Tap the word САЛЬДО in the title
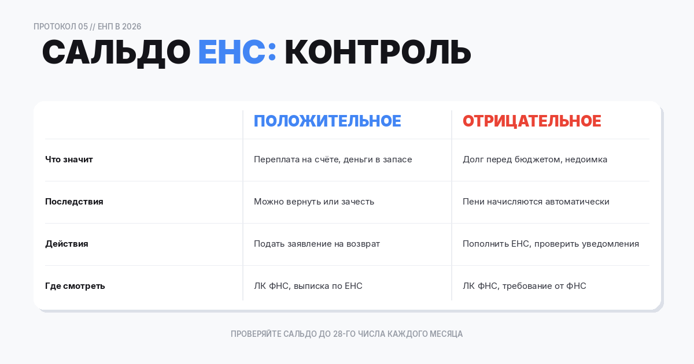[x=116, y=53]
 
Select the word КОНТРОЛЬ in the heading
[x=378, y=53]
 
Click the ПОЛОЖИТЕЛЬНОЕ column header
[x=327, y=121]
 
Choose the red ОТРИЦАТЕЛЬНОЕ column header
[x=531, y=121]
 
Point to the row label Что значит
[x=69, y=159]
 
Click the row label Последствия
[x=74, y=202]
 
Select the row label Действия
[x=67, y=244]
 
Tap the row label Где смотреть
[x=75, y=286]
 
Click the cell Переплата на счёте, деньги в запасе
[x=333, y=159]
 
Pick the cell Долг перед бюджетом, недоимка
[x=534, y=159]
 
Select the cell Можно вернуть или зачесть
[x=314, y=202]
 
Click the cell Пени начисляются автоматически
[x=536, y=202]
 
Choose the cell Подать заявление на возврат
[x=317, y=244]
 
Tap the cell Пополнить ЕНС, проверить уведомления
[x=551, y=244]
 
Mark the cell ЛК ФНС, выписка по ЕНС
[x=308, y=286]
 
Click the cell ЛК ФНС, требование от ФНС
[x=524, y=286]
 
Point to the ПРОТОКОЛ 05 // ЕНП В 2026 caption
[x=87, y=27]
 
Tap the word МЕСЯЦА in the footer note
[x=446, y=334]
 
